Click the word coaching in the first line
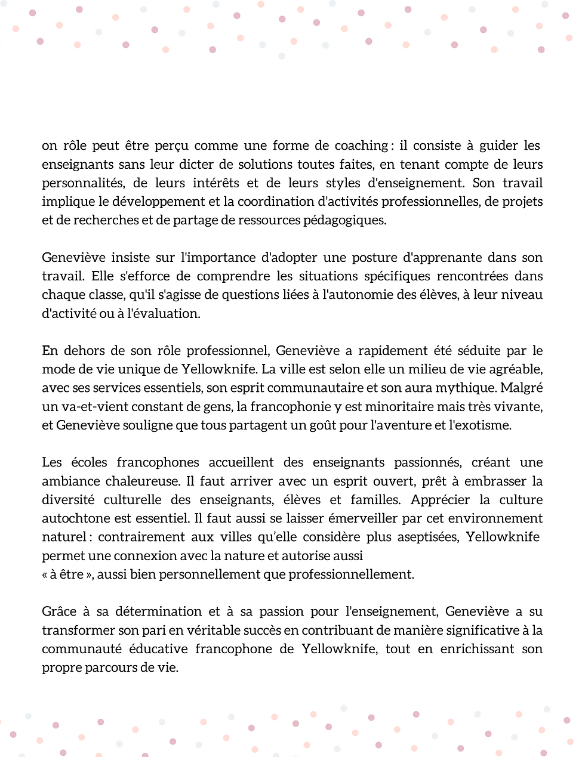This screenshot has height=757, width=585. pyautogui.click(x=361, y=146)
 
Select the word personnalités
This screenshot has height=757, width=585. pyautogui.click(x=81, y=183)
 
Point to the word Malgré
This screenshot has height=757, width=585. pyautogui.click(x=522, y=388)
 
